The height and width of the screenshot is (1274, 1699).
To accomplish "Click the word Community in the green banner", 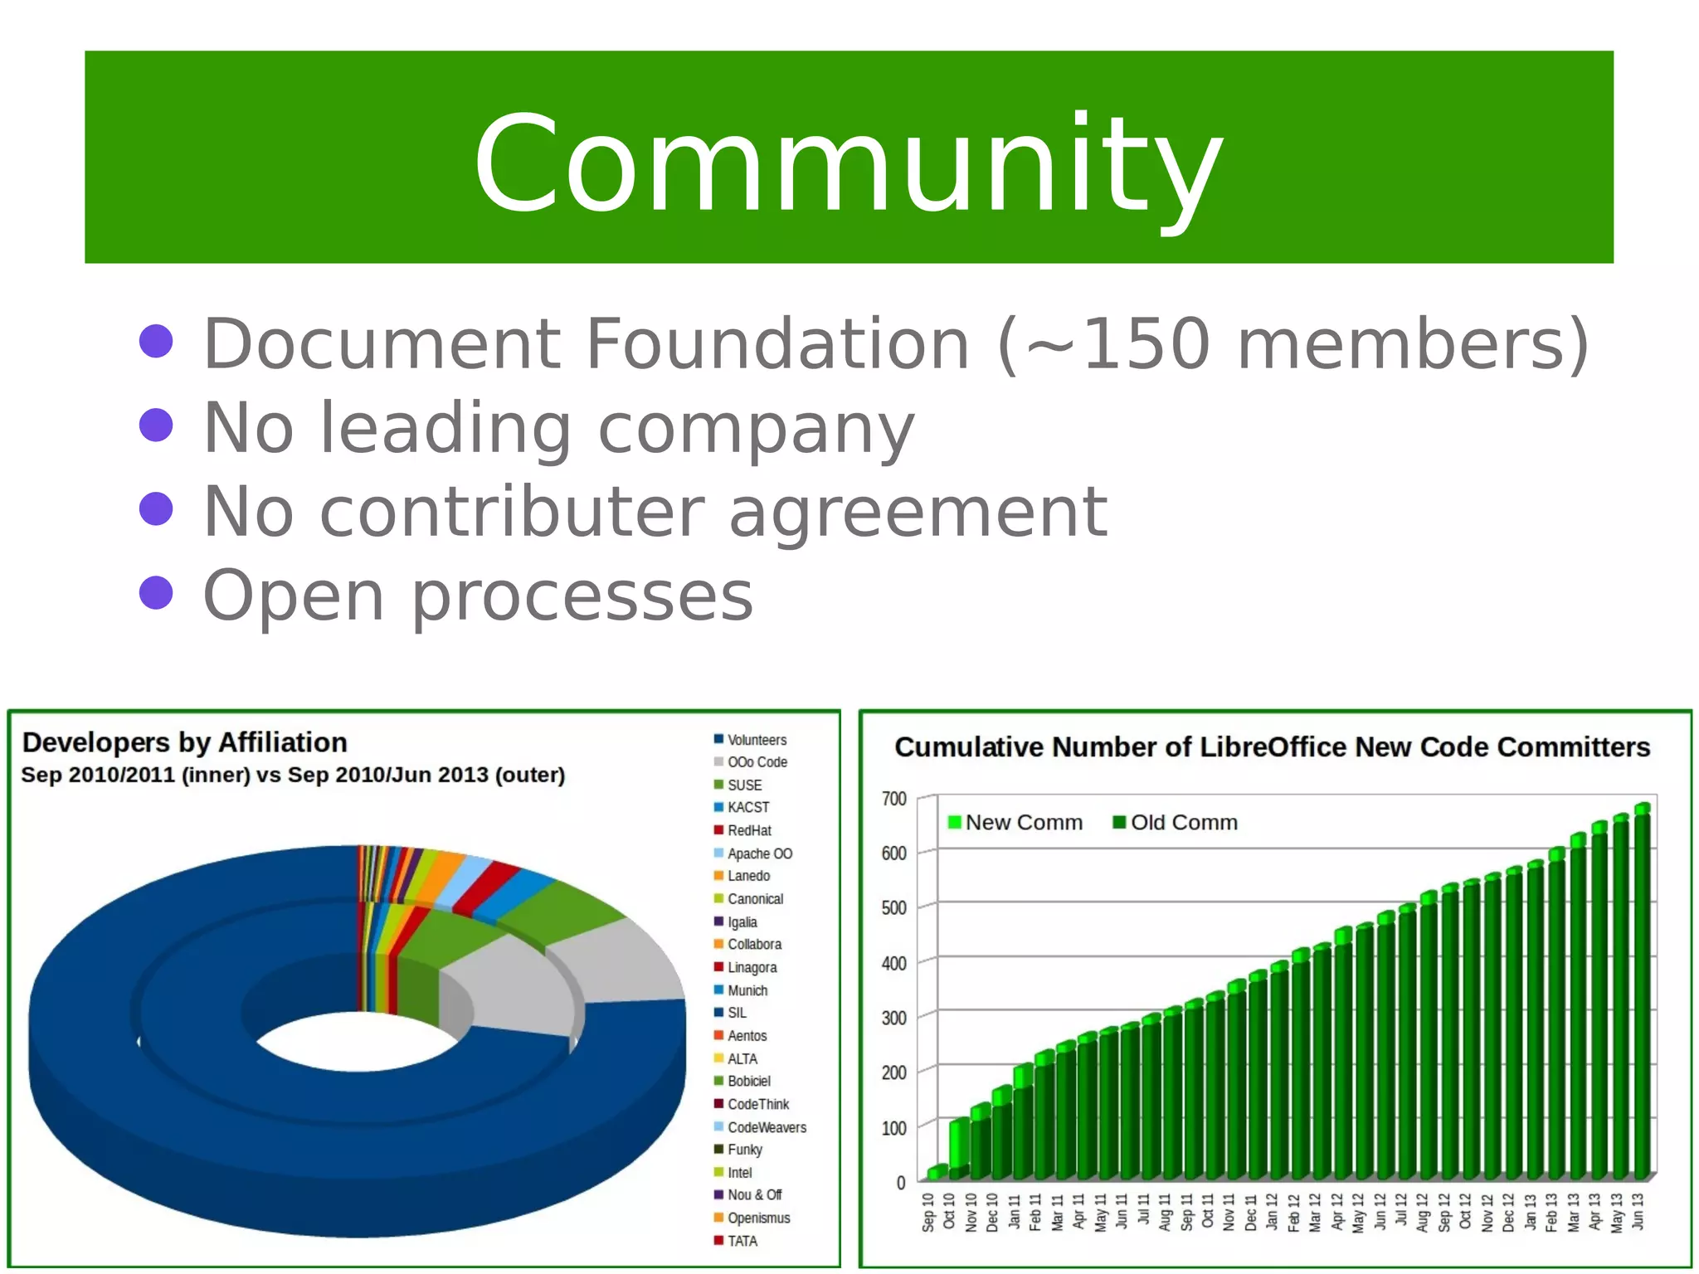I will click(x=848, y=163).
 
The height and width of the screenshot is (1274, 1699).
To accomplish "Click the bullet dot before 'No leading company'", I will click(x=156, y=425).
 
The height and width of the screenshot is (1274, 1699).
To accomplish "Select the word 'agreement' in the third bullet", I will click(x=918, y=512).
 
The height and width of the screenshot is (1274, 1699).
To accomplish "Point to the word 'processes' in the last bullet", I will click(x=582, y=596).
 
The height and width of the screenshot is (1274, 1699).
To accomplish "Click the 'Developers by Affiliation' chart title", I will click(x=184, y=742).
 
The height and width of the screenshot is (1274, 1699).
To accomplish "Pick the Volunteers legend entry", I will click(x=756, y=740).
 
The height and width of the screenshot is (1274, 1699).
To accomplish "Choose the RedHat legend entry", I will click(x=748, y=830).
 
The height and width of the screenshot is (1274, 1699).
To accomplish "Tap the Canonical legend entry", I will click(x=754, y=899).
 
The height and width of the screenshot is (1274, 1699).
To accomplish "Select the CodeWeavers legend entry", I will click(x=766, y=1127).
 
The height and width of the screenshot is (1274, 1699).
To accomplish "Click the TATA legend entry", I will click(x=742, y=1241).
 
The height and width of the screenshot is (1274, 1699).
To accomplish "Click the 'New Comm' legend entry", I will click(x=1023, y=822).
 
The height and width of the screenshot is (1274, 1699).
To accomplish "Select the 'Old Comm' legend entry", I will click(x=1183, y=822).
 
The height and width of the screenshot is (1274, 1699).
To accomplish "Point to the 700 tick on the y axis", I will click(x=893, y=799).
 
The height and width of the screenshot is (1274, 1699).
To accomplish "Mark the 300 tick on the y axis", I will click(x=893, y=1018).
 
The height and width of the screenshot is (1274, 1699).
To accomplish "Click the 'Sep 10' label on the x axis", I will click(x=928, y=1212).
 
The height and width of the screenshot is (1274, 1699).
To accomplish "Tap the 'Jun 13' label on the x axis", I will click(x=1637, y=1212).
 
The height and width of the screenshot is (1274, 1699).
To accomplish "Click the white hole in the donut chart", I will click(x=357, y=1041).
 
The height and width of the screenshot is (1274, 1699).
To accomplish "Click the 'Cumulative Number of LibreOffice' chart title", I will click(x=1272, y=747).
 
